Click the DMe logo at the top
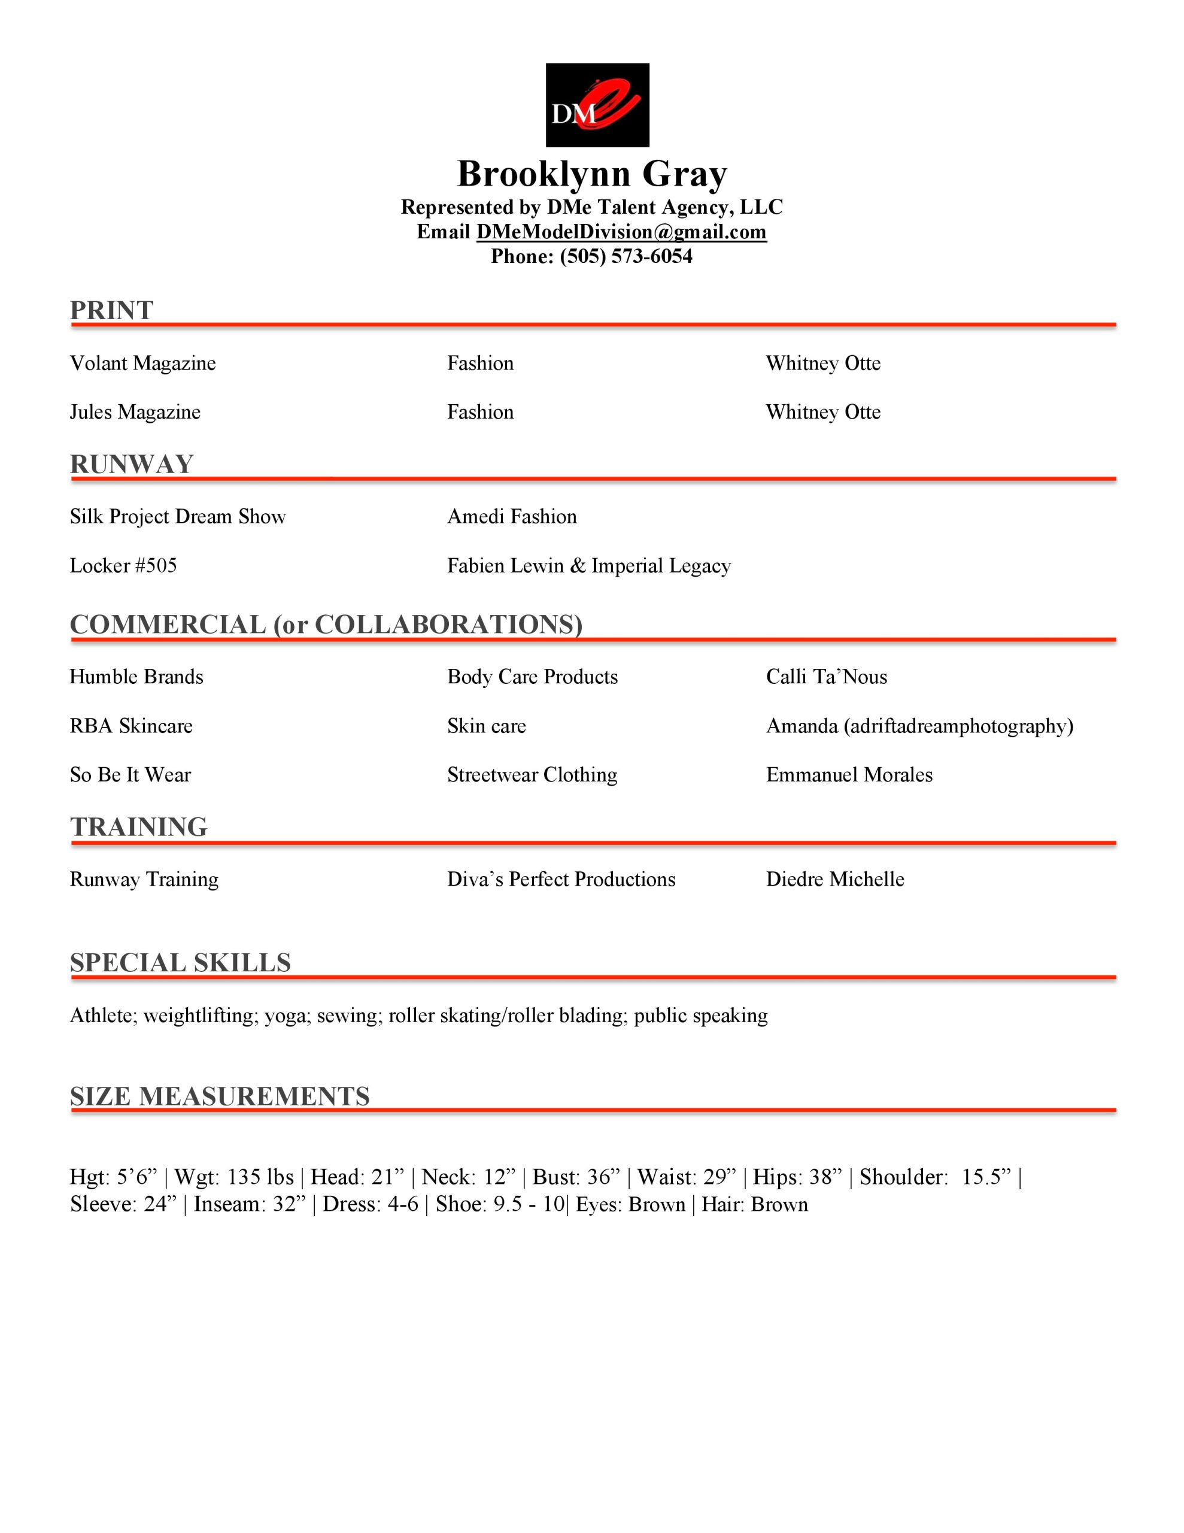click(597, 105)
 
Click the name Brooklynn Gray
click(591, 174)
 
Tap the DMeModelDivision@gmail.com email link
click(621, 232)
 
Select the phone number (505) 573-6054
click(626, 257)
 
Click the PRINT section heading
click(111, 310)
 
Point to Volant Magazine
click(142, 363)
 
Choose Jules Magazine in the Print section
click(135, 412)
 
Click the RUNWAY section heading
click(131, 464)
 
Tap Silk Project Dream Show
click(178, 517)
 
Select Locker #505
click(123, 566)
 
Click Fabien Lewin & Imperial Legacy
click(589, 566)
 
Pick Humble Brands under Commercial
click(136, 677)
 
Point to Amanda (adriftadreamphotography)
click(919, 726)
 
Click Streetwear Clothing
click(532, 775)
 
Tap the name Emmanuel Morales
click(849, 775)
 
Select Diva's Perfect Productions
click(561, 880)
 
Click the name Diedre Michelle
click(835, 880)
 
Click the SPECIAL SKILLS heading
click(180, 962)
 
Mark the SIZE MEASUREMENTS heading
click(220, 1096)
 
